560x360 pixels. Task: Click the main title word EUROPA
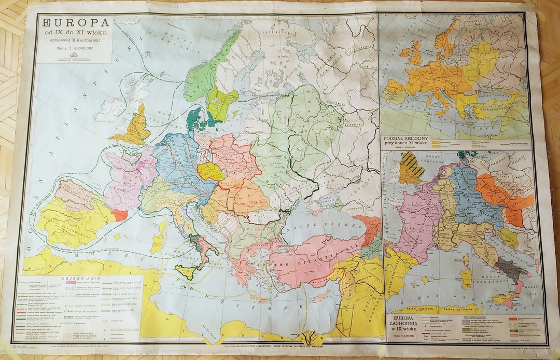76,23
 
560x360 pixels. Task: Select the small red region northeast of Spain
119,214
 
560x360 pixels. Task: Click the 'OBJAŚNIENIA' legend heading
78,278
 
